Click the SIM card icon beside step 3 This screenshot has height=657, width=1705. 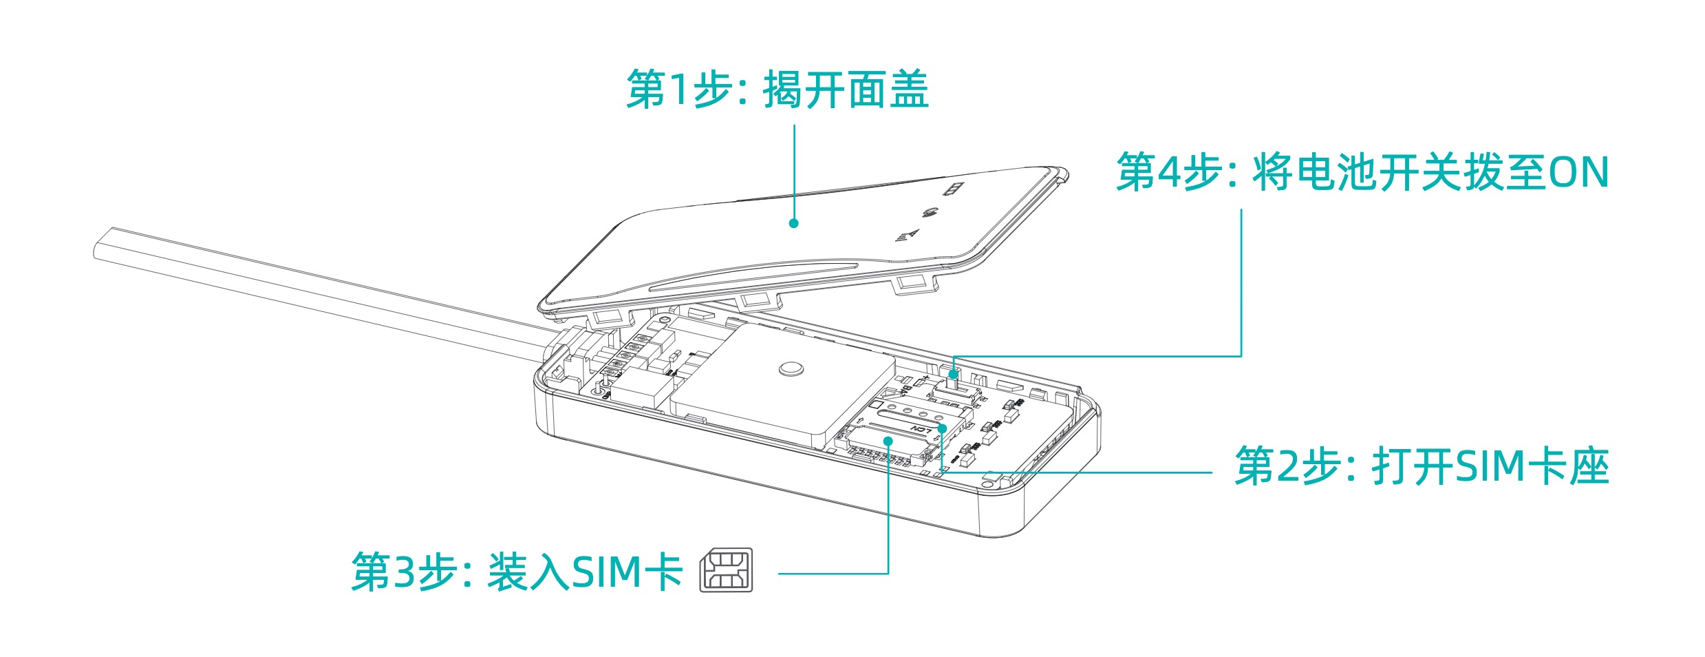coord(726,570)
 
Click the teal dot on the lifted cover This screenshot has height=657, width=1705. coord(793,223)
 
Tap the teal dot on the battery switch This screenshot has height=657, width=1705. coord(953,374)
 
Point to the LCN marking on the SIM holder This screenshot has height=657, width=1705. coord(921,430)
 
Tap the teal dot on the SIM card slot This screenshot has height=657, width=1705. coord(888,441)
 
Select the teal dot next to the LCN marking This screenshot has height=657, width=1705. coord(942,428)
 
